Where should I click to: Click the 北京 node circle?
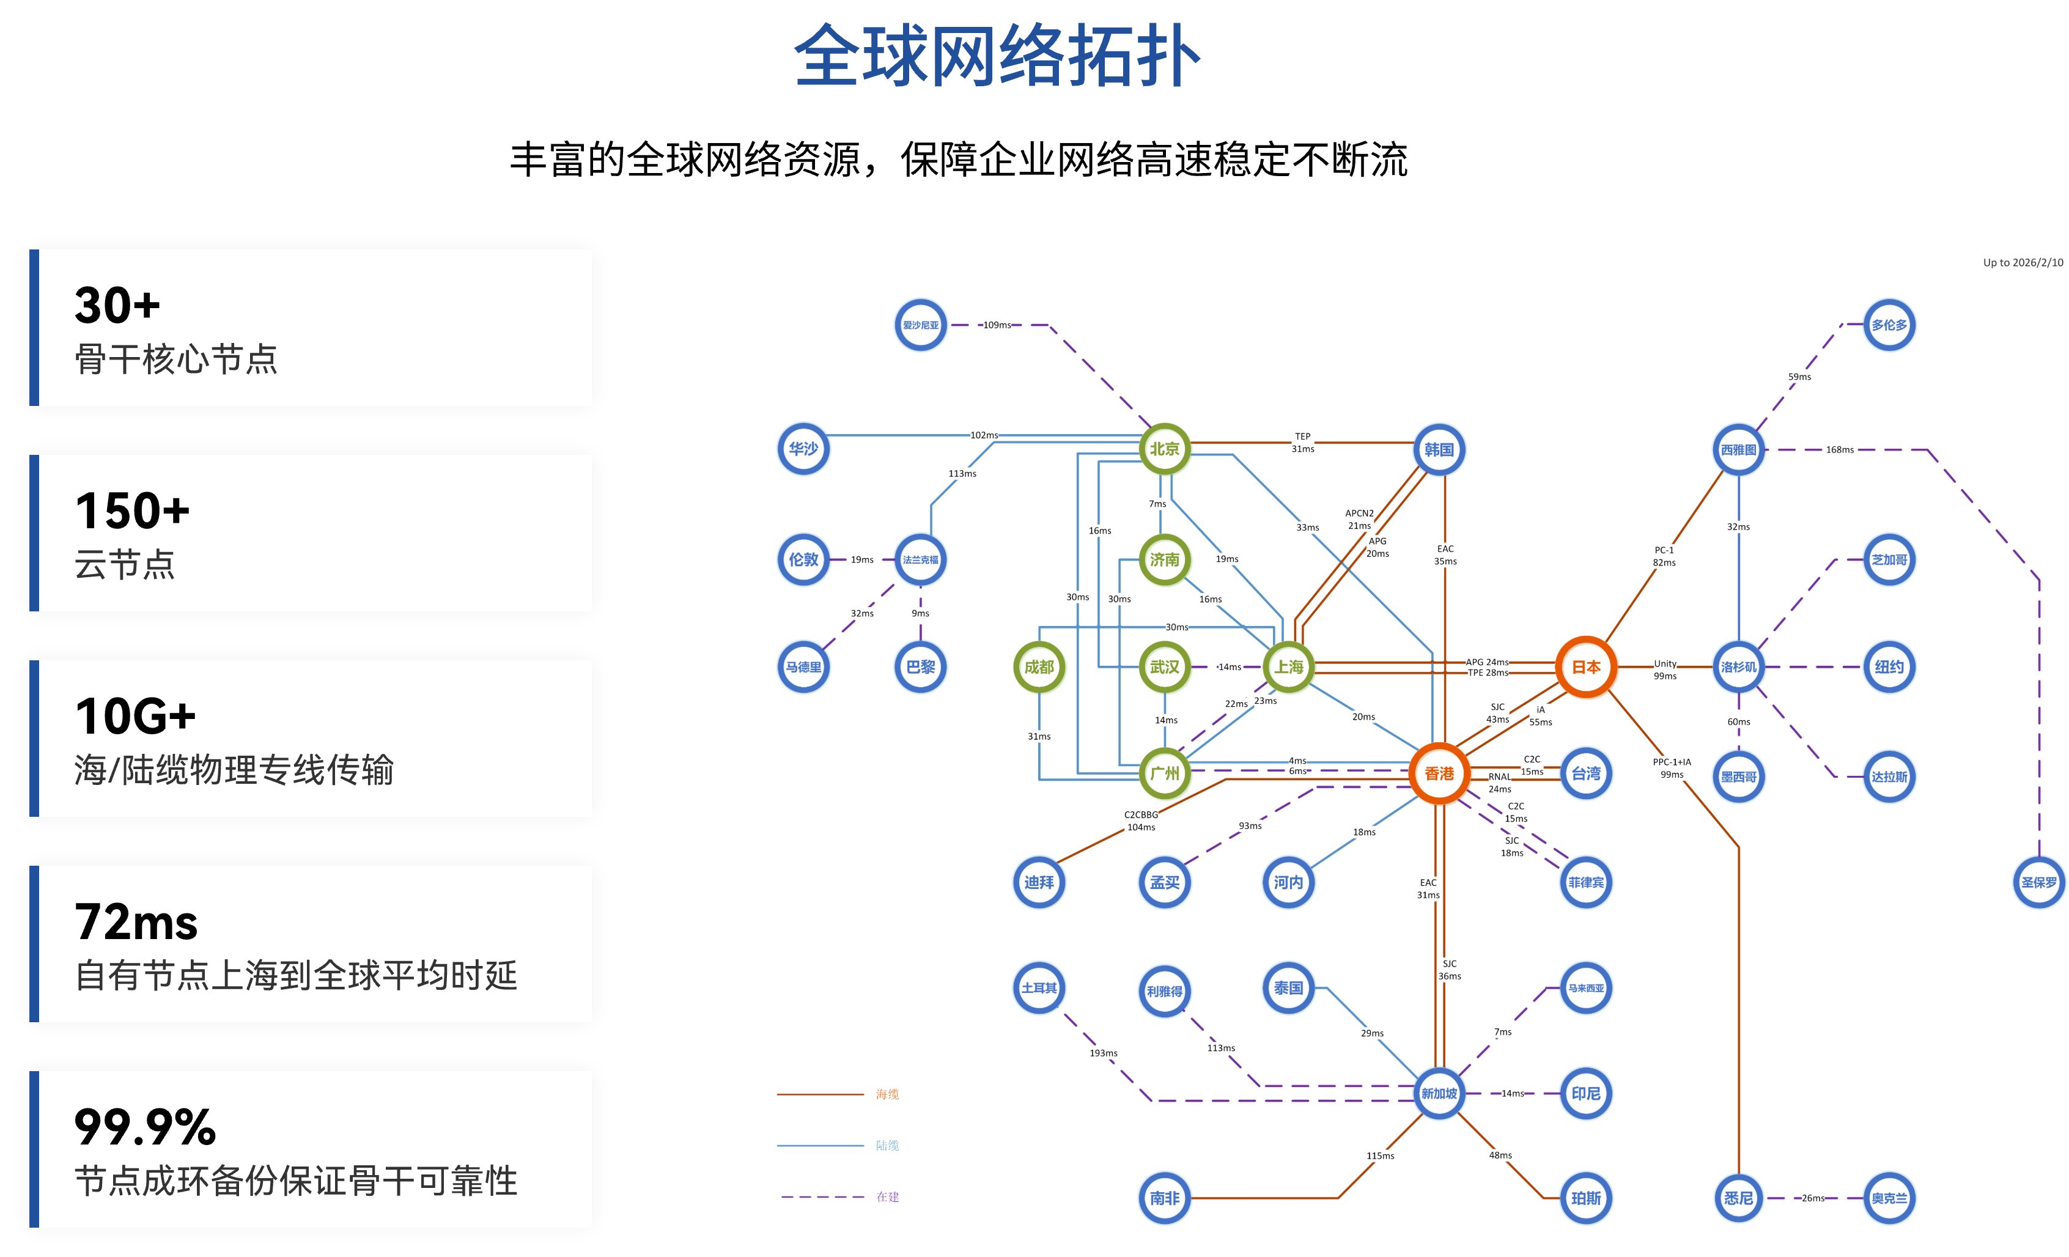point(1165,449)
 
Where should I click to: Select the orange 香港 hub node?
point(1439,773)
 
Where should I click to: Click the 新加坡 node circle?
point(1439,1093)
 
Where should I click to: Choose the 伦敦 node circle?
point(803,559)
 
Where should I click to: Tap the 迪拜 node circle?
point(1039,882)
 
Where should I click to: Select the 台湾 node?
point(1585,773)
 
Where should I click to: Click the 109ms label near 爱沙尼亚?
point(998,325)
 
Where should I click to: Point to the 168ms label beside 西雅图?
point(1839,450)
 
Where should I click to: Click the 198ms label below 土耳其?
point(1104,1053)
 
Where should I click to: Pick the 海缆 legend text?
point(888,1094)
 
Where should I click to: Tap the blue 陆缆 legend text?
point(888,1145)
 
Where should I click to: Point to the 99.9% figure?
point(146,1127)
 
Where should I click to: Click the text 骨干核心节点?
point(176,359)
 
